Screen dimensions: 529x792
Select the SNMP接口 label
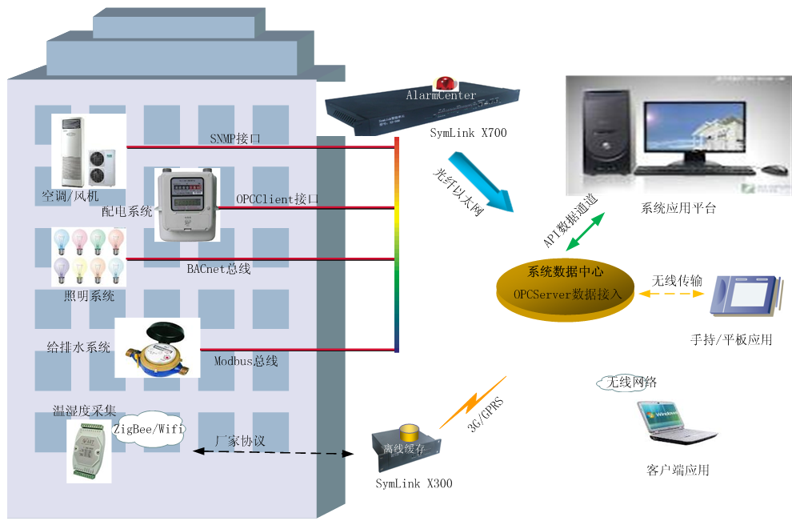coord(235,138)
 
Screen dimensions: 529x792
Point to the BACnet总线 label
coord(218,269)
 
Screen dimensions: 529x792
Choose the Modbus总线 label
coord(246,361)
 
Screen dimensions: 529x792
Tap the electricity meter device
coord(186,204)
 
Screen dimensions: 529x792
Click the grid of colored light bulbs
coord(89,256)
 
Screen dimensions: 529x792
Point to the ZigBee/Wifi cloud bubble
coord(149,430)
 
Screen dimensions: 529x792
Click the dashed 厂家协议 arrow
coord(273,453)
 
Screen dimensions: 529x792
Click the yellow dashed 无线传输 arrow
coord(671,294)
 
